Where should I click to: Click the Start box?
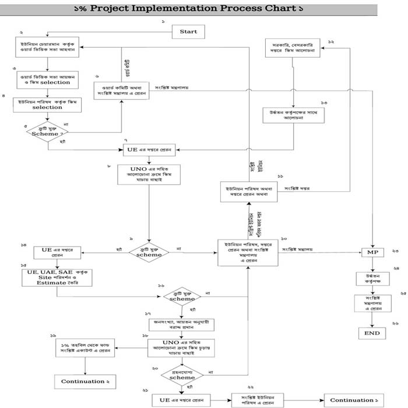[188, 31]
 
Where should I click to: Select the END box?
[372, 333]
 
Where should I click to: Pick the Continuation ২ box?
[85, 382]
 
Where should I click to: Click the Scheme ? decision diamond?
[48, 133]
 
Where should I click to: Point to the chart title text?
[188, 9]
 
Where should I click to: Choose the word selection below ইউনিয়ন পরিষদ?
[47, 108]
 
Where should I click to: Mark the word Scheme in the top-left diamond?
[45, 135]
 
